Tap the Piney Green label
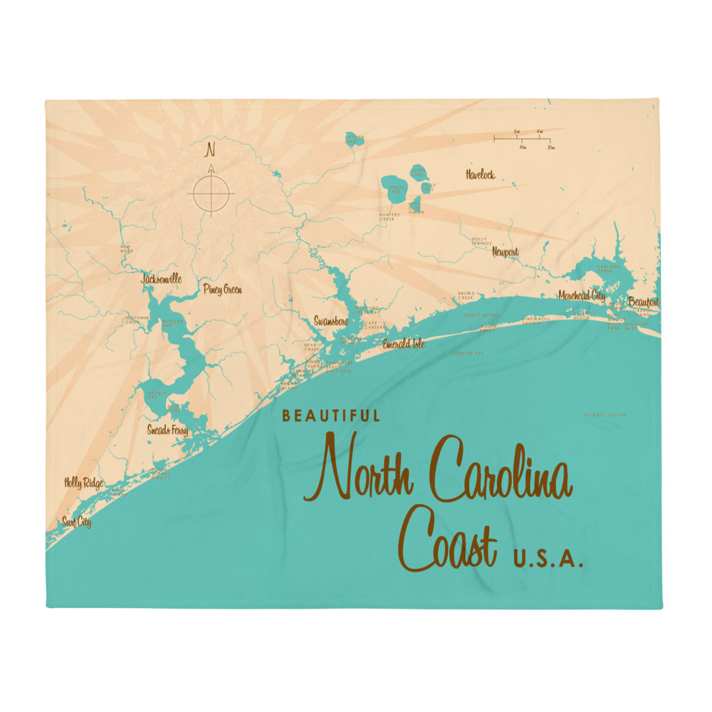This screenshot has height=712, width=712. (222, 290)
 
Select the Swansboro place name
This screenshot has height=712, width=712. (331, 322)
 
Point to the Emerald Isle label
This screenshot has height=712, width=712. (404, 344)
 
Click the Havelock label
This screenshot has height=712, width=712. (480, 174)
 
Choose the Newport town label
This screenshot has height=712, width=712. (505, 252)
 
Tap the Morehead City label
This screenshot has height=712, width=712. (582, 295)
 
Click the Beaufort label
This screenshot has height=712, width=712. (643, 303)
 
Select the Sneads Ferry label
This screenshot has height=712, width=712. (167, 430)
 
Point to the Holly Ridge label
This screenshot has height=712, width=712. (83, 484)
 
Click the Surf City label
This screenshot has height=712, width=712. (76, 523)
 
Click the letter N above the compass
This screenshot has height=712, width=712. (210, 150)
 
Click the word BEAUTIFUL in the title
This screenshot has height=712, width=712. (331, 416)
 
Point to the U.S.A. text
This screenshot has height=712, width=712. (548, 561)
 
